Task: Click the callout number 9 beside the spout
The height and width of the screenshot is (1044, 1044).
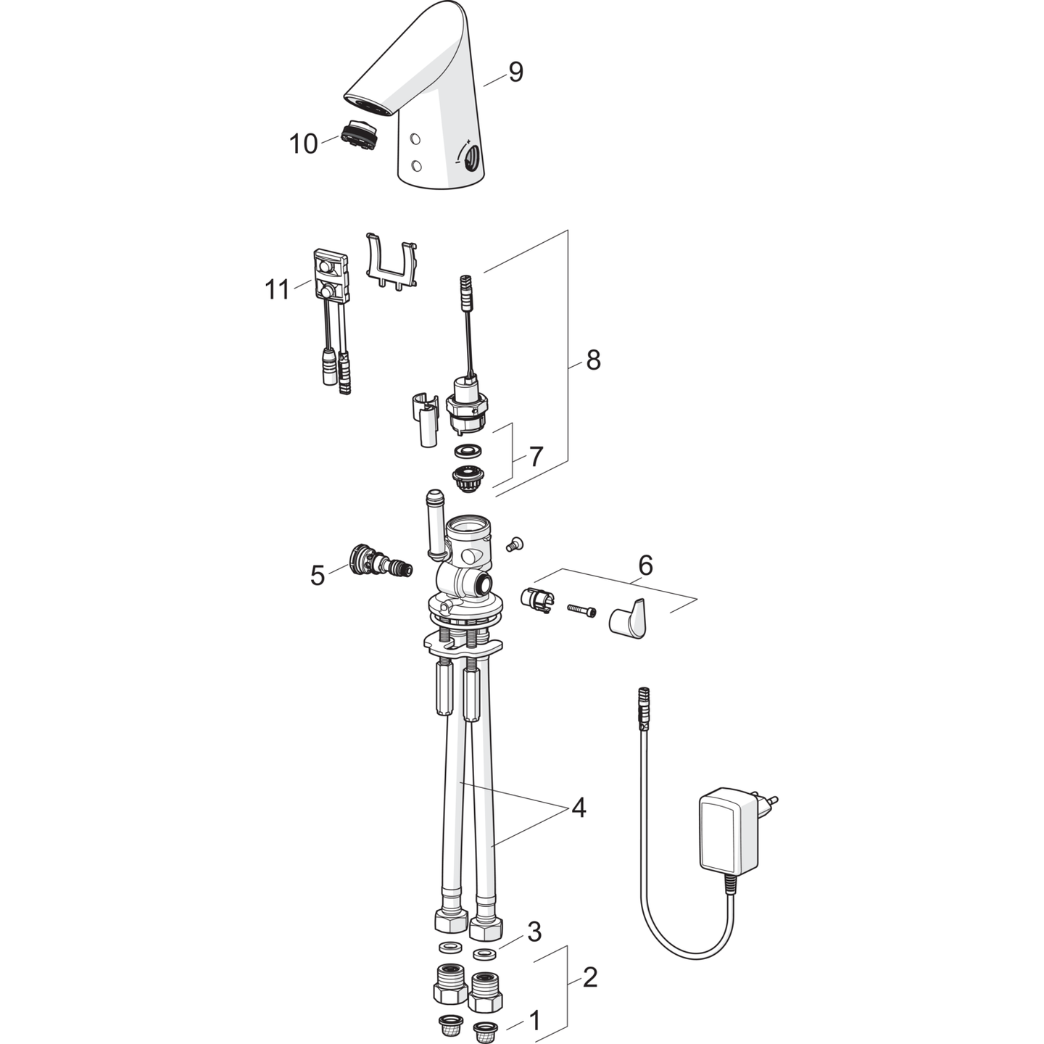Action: (515, 72)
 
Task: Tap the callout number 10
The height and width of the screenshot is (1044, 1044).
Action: (303, 144)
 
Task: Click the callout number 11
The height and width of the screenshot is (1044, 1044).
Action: (277, 290)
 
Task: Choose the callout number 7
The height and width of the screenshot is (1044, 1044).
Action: (536, 457)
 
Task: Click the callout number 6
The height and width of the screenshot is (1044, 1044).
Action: (645, 565)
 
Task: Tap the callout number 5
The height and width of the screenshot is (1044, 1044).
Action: (318, 576)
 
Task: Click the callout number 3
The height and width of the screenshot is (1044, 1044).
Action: (534, 932)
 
